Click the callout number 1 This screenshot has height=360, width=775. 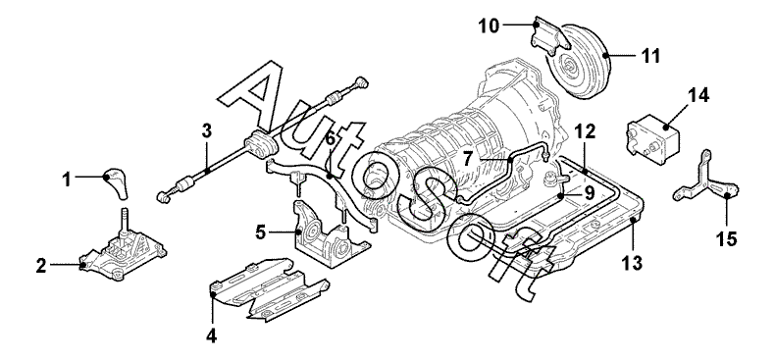coord(67,180)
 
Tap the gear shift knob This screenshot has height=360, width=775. coord(115,183)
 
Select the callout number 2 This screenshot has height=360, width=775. coord(41,266)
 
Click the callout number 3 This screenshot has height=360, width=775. coord(207,131)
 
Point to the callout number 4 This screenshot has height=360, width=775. coord(212,335)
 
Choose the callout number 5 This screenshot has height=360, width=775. coord(262,231)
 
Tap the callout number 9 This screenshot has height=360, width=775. coord(590,193)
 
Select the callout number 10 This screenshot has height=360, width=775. coord(489,26)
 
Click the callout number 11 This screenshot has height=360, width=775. coord(650,56)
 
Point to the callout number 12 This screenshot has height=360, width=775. coord(585,131)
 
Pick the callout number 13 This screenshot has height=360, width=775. coord(632,263)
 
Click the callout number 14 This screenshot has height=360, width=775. coord(697,95)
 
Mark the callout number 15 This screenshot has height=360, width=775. coord(726,238)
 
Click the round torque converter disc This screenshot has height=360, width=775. coord(579,59)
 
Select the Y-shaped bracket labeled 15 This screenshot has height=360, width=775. coord(705,184)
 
